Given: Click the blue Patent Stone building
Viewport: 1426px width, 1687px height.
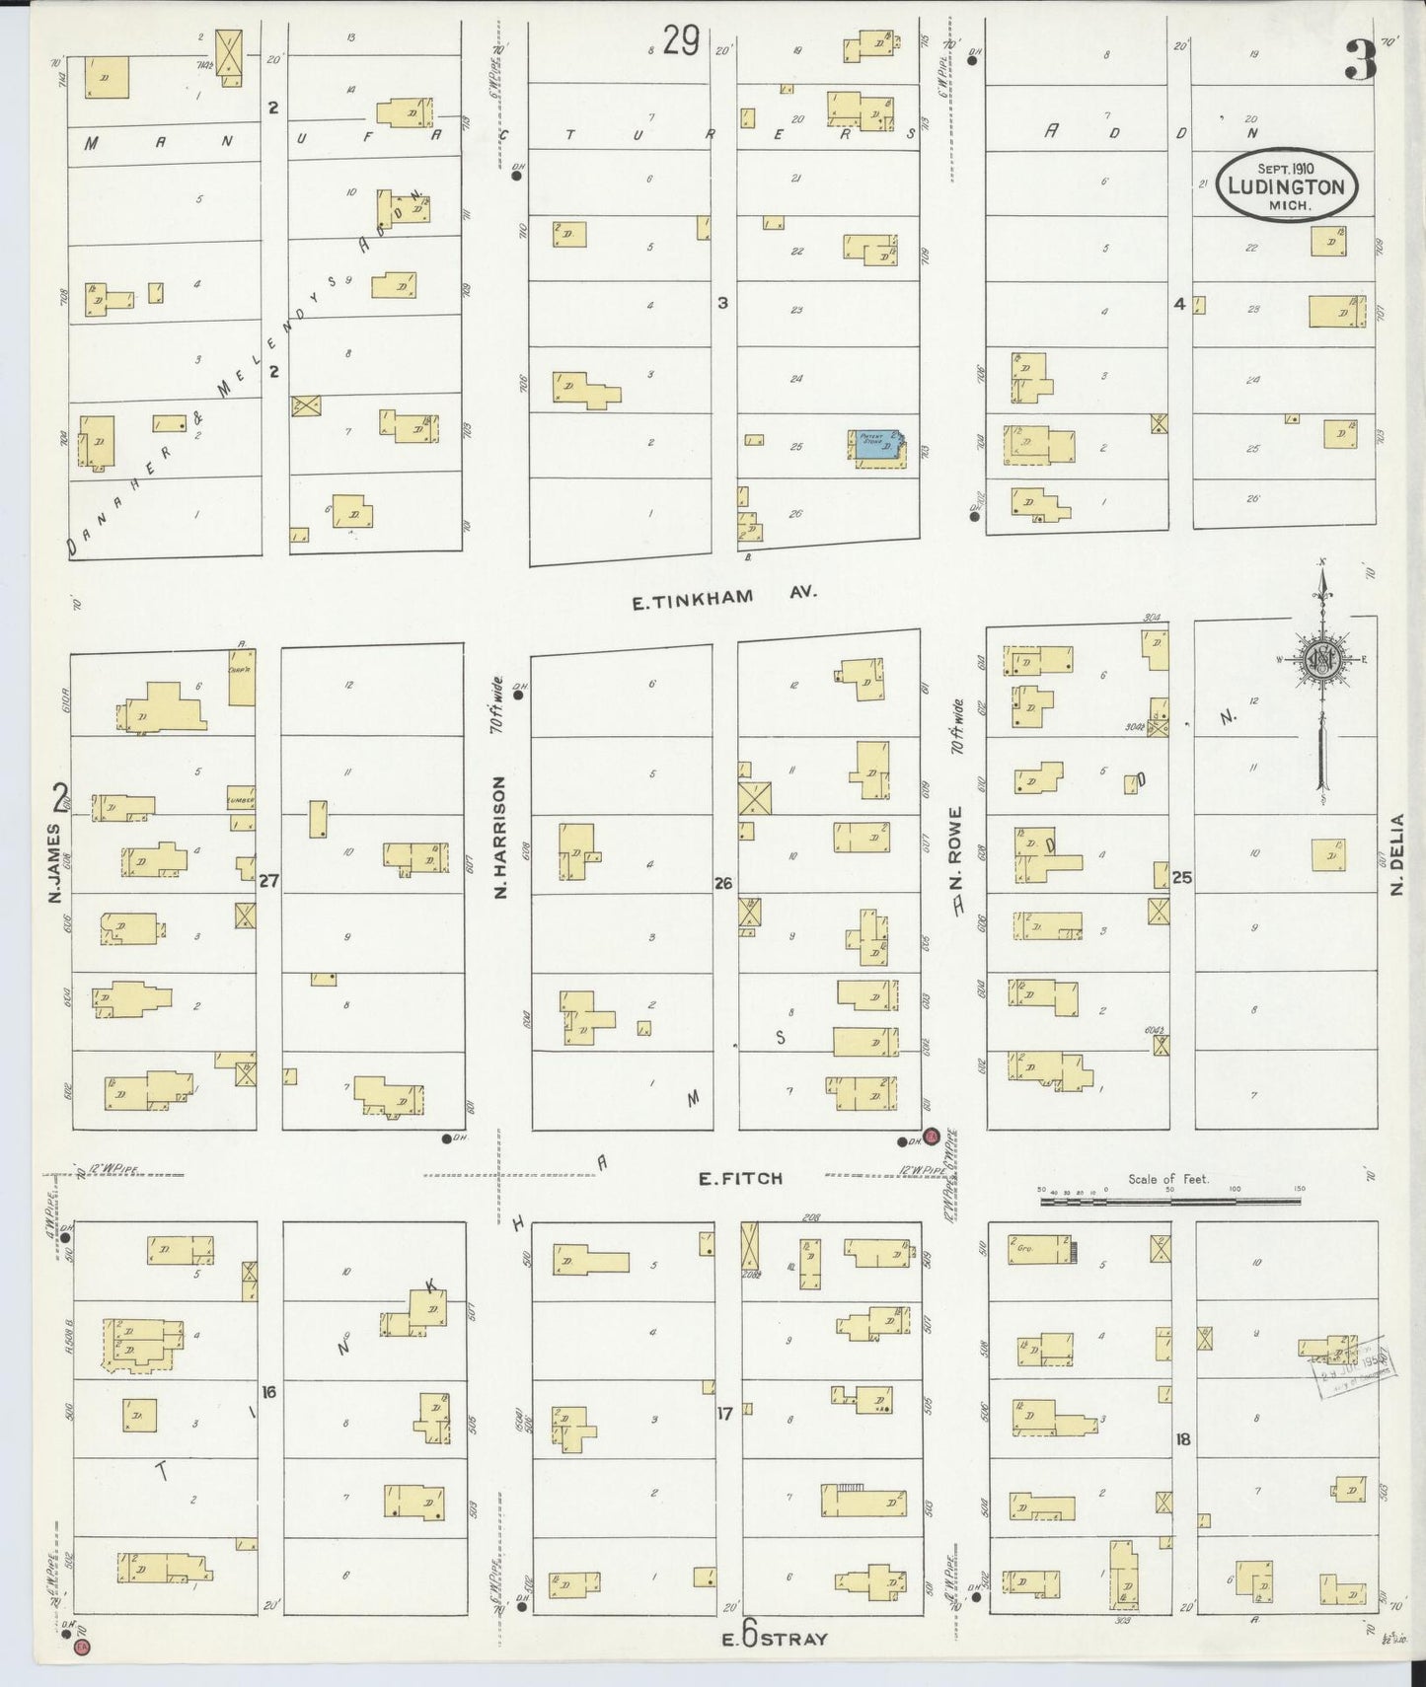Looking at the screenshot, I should (877, 447).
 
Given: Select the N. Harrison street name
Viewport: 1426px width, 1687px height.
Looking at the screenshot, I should (499, 837).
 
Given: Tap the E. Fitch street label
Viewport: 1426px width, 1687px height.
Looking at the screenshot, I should (740, 1178).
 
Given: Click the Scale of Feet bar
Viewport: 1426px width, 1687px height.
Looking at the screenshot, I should (1169, 1201).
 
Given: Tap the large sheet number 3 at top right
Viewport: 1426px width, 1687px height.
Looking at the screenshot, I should (1360, 61).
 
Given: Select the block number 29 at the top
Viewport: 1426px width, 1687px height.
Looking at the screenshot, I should (681, 41).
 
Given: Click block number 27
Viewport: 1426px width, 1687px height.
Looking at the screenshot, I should (268, 882).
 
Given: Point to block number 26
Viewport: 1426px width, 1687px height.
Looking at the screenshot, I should (723, 884).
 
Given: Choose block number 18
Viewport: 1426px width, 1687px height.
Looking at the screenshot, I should (1182, 1439).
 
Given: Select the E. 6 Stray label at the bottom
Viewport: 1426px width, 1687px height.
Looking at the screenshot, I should (774, 1638).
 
